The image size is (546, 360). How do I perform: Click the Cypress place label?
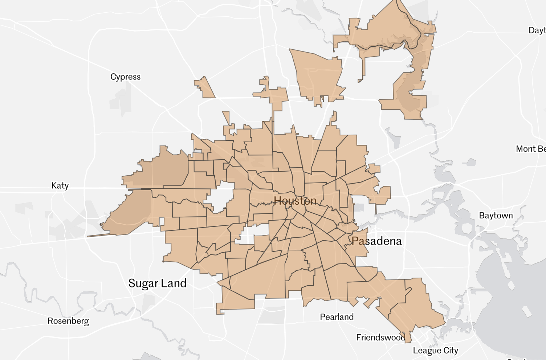pos(125,77)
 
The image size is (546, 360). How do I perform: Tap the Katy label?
pos(60,185)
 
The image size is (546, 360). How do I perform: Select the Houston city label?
pos(295,201)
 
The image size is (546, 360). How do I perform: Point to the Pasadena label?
pos(376,241)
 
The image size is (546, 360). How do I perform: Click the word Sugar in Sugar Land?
pos(143,283)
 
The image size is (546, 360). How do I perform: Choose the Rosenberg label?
pos(68,321)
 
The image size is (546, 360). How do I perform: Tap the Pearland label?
pos(337,317)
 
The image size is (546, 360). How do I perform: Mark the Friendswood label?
pos(380,337)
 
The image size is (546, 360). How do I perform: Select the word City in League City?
pos(451,351)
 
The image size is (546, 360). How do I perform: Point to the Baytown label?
pos(496,215)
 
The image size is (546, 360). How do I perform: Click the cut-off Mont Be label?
pos(531,149)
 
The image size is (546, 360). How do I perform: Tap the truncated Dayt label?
pos(537,30)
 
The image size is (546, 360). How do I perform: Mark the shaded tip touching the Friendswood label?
pos(407,337)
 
